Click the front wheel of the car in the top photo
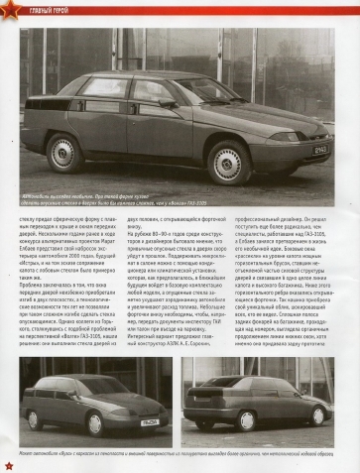point(229,161)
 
